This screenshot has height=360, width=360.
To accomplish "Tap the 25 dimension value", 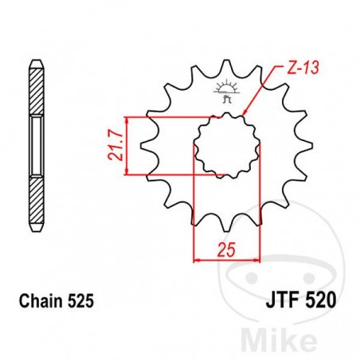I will (227, 248).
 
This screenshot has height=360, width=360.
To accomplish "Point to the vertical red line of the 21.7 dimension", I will (127, 145).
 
